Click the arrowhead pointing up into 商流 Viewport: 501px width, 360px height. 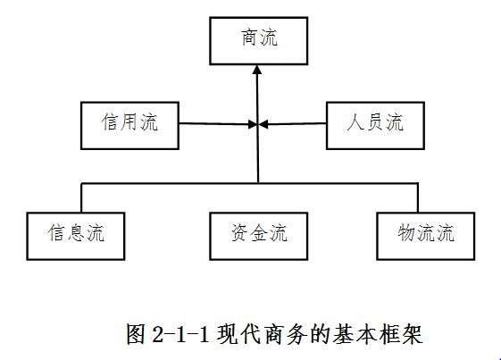pos(257,70)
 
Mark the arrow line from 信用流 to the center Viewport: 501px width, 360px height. pos(218,124)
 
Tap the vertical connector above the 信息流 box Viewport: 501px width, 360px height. pos(82,198)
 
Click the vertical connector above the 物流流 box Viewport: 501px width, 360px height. pos(418,198)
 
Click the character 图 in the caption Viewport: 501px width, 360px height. pos(137,334)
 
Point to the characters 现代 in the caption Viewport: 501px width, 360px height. pos(238,334)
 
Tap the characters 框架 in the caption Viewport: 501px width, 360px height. pos(401,334)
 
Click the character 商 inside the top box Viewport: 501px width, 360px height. pos(249,38)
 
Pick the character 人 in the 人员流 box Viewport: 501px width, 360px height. pos(355,122)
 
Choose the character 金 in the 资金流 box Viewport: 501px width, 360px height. pos(259,233)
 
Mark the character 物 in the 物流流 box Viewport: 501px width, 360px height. pos(406,233)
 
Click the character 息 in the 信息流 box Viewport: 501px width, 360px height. pos(76,233)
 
